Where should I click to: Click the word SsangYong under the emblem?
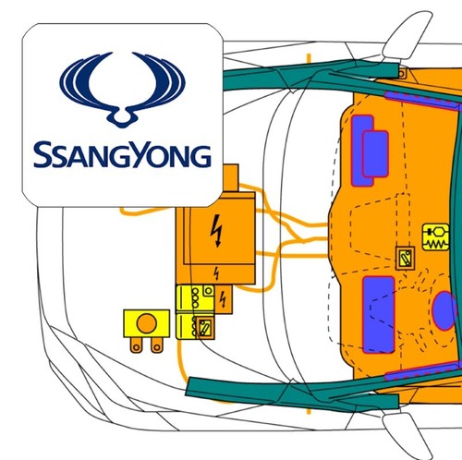(122, 154)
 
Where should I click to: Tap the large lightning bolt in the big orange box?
(217, 230)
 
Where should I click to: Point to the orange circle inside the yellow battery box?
(147, 323)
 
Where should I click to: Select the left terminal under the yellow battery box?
(136, 345)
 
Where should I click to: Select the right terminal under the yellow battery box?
(157, 345)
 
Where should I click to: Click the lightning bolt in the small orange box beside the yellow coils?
(223, 299)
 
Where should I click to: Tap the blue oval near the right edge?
(444, 311)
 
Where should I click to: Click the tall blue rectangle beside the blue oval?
(379, 315)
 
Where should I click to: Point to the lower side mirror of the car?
(408, 435)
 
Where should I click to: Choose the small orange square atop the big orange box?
(230, 178)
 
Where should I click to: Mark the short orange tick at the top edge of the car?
(309, 58)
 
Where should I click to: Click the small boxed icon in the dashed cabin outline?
(405, 259)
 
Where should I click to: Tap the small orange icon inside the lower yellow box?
(205, 328)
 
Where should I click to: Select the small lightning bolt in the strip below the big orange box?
(216, 273)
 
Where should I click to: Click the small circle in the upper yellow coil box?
(208, 291)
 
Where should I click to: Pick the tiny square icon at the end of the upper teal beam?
(402, 74)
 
